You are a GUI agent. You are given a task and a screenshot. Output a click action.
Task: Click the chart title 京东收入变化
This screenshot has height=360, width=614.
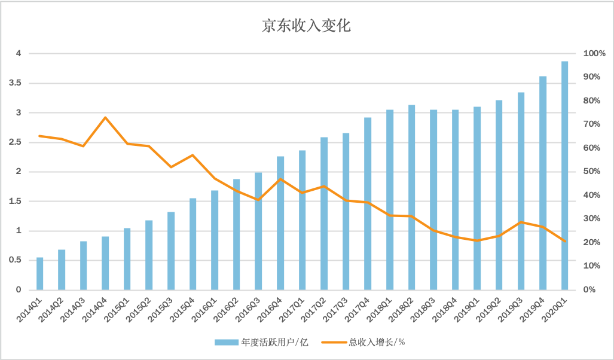point(306,26)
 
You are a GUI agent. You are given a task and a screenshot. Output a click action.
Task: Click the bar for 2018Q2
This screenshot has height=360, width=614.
point(411,197)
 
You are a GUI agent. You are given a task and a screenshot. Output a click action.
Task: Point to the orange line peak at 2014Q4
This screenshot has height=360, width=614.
point(105,117)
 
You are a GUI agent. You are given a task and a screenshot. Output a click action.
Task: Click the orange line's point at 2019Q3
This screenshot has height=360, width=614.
point(521,222)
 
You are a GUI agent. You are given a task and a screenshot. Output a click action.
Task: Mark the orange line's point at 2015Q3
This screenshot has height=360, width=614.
point(171,167)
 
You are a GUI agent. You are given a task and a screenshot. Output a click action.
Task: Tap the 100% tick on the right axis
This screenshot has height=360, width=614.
point(594,53)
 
